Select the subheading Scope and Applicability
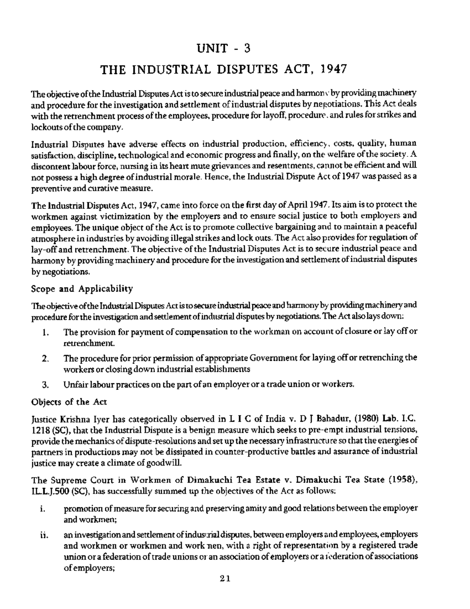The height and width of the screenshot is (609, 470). point(82,289)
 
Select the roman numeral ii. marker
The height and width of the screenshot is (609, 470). point(43,536)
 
